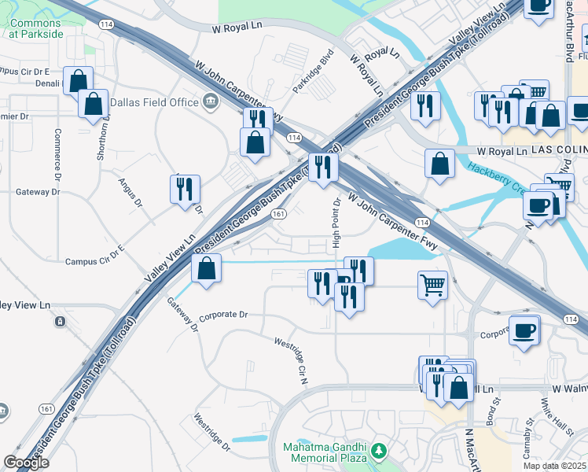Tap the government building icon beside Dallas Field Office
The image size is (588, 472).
coord(211,101)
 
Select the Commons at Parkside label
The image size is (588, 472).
coord(35,28)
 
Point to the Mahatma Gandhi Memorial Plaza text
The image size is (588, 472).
coord(325,452)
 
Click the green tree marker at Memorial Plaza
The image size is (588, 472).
coord(380,451)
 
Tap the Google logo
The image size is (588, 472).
coord(26,463)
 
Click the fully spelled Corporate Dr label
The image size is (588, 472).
coord(223,315)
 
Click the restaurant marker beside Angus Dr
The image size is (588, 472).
coord(186,190)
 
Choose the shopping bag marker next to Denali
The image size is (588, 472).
coord(79,80)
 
